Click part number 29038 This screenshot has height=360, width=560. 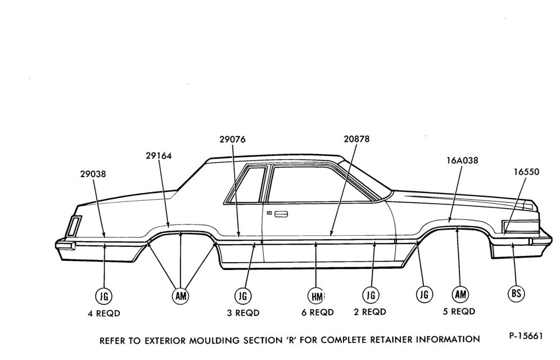click(x=93, y=174)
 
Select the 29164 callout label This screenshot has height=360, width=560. click(x=159, y=156)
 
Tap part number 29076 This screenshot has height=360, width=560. click(x=233, y=139)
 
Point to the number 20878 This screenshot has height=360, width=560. click(x=357, y=138)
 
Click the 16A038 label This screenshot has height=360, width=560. click(x=462, y=160)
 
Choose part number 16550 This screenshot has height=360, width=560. click(x=526, y=172)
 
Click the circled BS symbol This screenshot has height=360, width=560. click(x=517, y=294)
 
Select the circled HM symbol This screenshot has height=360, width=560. click(x=317, y=296)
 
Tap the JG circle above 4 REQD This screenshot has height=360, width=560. click(x=104, y=296)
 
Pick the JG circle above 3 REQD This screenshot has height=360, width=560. click(x=243, y=296)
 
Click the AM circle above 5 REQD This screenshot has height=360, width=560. click(x=460, y=294)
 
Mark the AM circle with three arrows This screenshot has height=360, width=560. click(x=180, y=296)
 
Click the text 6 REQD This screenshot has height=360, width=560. click(x=318, y=313)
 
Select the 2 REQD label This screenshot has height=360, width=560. click(x=370, y=312)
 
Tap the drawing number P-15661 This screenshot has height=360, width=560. click(x=526, y=336)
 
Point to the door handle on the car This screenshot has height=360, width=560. click(x=281, y=214)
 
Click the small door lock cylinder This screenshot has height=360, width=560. click(x=269, y=213)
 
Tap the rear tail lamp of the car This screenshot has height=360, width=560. click(x=74, y=226)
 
